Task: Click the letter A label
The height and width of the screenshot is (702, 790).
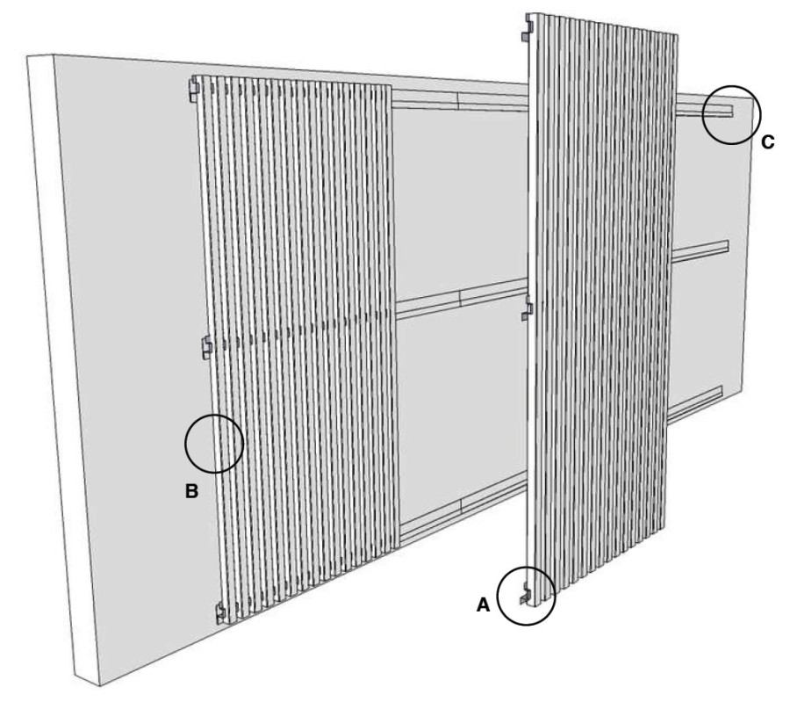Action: click(x=483, y=604)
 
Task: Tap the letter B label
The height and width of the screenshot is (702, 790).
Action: click(x=191, y=491)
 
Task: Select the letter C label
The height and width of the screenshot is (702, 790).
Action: click(x=767, y=143)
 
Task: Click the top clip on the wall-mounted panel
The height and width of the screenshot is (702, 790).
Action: click(x=195, y=88)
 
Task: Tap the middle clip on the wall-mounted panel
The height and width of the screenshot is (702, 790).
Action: click(x=207, y=348)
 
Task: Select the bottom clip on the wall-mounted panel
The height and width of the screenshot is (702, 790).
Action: click(x=220, y=612)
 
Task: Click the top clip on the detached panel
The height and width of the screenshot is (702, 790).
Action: click(x=527, y=29)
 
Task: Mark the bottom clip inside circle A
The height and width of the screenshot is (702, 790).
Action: click(x=526, y=594)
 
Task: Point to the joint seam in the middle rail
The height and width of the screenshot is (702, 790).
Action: click(x=461, y=298)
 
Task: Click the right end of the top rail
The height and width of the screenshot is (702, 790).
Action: click(x=731, y=112)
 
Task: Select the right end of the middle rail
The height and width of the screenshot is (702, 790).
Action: click(x=727, y=247)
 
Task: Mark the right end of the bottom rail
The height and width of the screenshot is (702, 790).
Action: click(x=720, y=392)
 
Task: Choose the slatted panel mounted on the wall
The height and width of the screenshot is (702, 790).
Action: click(x=297, y=348)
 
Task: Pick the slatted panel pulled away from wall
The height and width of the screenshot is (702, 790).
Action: click(x=600, y=302)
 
